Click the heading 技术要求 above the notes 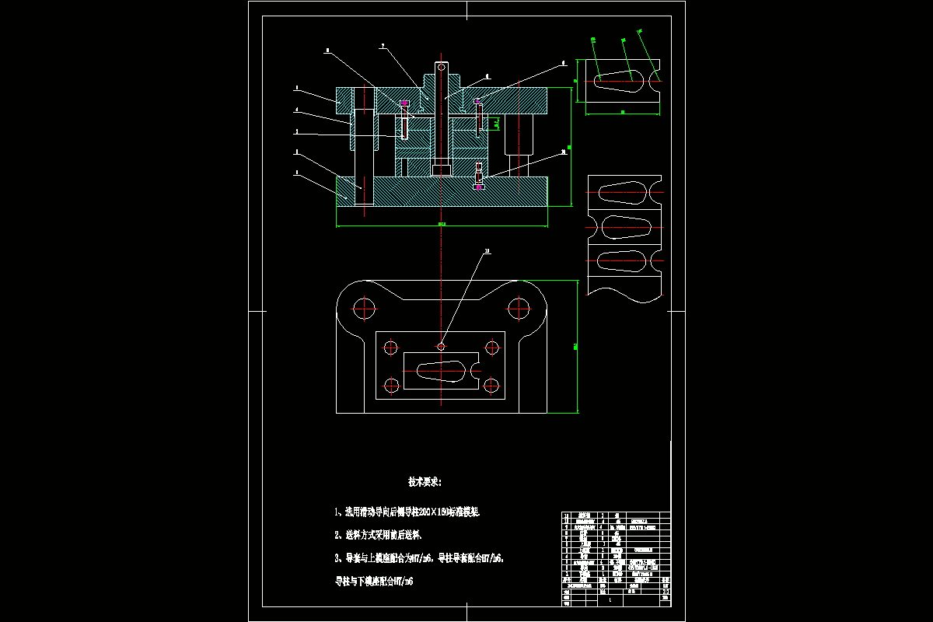425,482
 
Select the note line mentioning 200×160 407,512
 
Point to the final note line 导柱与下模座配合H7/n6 374,580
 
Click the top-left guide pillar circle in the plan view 362,307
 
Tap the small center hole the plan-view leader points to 441,346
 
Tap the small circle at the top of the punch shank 442,67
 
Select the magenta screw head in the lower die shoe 479,187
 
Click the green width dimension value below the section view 442,224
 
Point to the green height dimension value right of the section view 570,147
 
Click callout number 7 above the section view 383,46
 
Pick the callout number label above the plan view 487,251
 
